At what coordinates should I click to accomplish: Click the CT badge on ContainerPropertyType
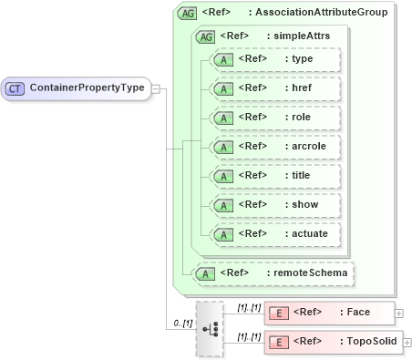click(x=15, y=88)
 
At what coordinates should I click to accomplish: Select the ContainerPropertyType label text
click(x=87, y=88)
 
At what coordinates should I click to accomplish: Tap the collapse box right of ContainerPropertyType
click(x=156, y=88)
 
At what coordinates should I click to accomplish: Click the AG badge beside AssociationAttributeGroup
click(x=187, y=13)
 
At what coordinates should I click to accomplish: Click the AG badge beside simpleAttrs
click(x=205, y=36)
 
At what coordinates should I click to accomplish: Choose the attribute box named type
click(x=275, y=59)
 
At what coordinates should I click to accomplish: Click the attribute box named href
click(x=275, y=88)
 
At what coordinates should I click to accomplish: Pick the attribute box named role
click(x=275, y=118)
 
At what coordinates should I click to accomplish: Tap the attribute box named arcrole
click(x=275, y=147)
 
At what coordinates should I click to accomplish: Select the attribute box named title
click(x=275, y=176)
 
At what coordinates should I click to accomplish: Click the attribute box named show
click(x=275, y=205)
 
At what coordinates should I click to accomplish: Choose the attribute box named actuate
click(x=275, y=234)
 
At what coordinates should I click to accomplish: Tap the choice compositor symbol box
click(x=209, y=327)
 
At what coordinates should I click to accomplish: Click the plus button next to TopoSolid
click(x=407, y=343)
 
